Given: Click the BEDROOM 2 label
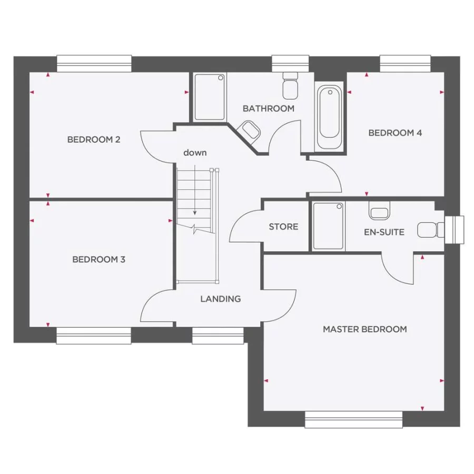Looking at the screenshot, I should click(94, 140).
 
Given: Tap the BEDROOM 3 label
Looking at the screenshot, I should click(98, 260).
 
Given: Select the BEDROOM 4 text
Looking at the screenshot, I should click(395, 133).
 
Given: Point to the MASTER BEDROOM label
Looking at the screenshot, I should click(364, 329).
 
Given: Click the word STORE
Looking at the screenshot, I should click(283, 226).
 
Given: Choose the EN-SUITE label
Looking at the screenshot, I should click(384, 232).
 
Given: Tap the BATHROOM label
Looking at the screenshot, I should click(268, 108).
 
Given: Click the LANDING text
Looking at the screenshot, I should click(220, 299).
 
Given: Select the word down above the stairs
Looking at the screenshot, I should click(195, 153).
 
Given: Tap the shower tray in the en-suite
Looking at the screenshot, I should click(329, 225).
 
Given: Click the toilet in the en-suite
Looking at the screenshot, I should click(429, 230).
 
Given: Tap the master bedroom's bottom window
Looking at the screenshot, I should click(353, 419).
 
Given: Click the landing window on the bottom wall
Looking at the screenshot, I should click(218, 335).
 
